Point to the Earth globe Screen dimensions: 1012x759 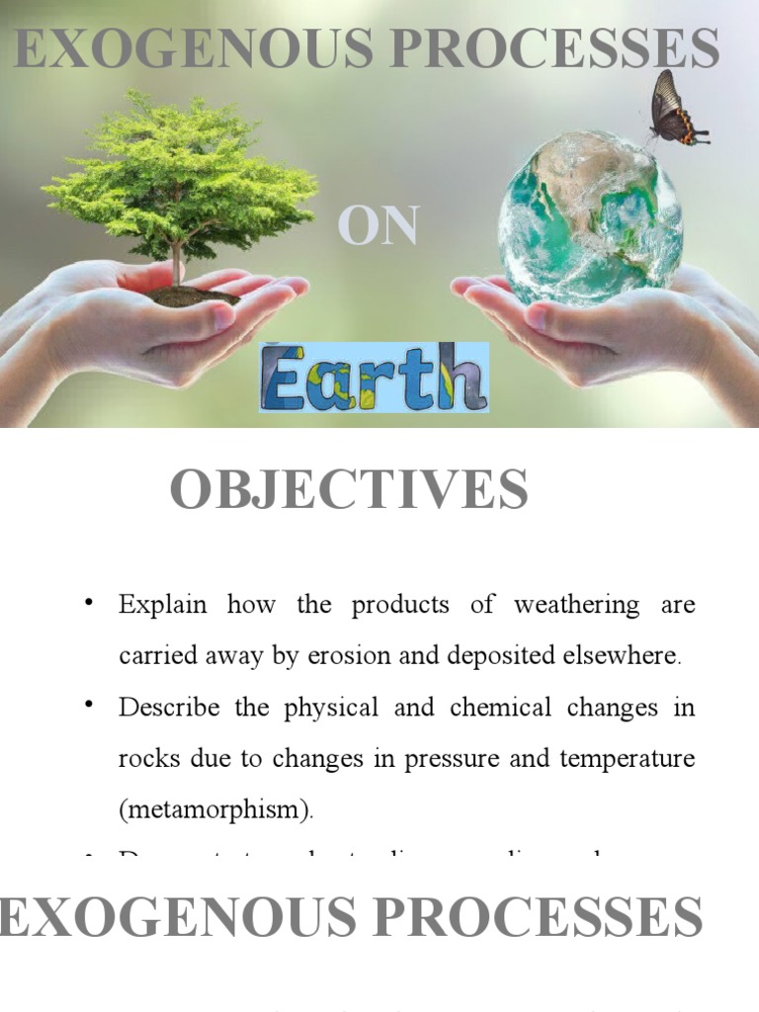coord(590,217)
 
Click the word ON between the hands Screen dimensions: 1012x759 coord(378,225)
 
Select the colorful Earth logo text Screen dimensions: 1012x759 coord(375,378)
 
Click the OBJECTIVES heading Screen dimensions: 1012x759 coord(349,490)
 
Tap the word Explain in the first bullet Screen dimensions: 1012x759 coord(162,605)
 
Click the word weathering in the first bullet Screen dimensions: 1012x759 coord(576,605)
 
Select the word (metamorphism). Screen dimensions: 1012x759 coord(215,810)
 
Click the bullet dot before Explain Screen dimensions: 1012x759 coord(90,603)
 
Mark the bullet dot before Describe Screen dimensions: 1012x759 coord(90,706)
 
